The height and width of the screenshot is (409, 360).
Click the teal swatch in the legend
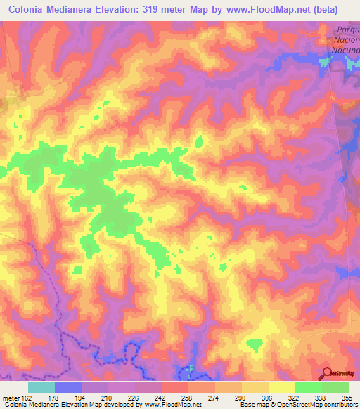coord(41,387)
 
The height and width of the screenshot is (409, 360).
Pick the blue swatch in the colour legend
coord(68,387)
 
